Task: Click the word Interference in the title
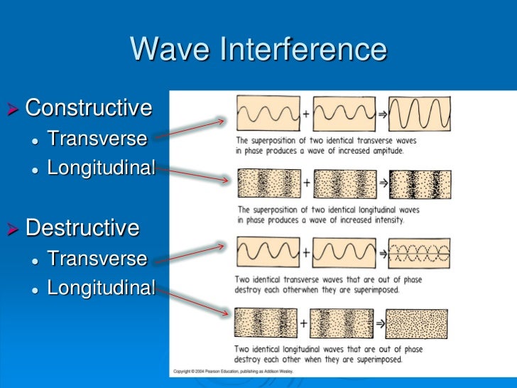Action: (305, 50)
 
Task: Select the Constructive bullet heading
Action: (88, 108)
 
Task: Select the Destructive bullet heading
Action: (82, 228)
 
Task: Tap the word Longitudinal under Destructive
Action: (101, 288)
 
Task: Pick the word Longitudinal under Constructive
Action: (101, 168)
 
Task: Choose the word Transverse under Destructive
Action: (97, 258)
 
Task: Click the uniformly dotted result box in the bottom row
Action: (417, 323)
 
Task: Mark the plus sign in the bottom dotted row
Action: (304, 323)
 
